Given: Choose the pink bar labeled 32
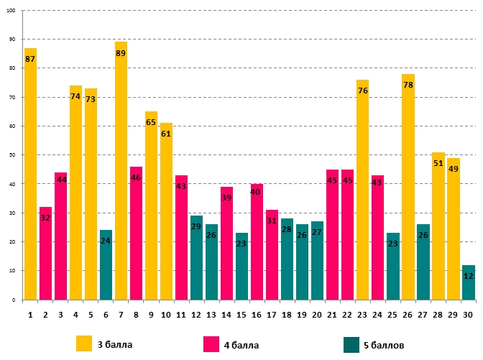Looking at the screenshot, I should (45, 255).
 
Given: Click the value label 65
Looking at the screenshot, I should (151, 123).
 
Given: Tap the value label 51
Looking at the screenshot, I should (438, 163).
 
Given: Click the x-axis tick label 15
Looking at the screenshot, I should (241, 313).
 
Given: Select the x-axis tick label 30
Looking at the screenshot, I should (468, 313).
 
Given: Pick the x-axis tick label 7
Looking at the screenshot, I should (121, 313).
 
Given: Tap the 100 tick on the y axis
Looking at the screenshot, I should (16, 11).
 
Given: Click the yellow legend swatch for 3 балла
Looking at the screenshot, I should (85, 344).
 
